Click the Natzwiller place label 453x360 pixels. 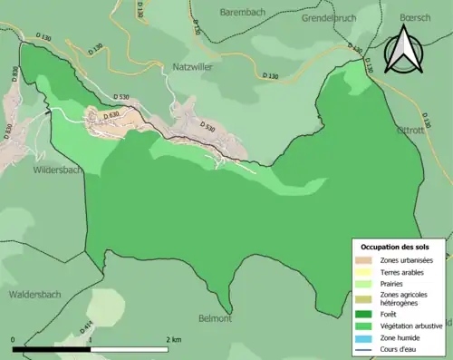point(191,67)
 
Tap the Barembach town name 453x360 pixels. point(247,13)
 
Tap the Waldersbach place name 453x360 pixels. point(35,294)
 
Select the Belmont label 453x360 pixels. point(216,318)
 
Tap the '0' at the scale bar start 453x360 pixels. point(14,339)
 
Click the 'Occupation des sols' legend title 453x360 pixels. point(395,247)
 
